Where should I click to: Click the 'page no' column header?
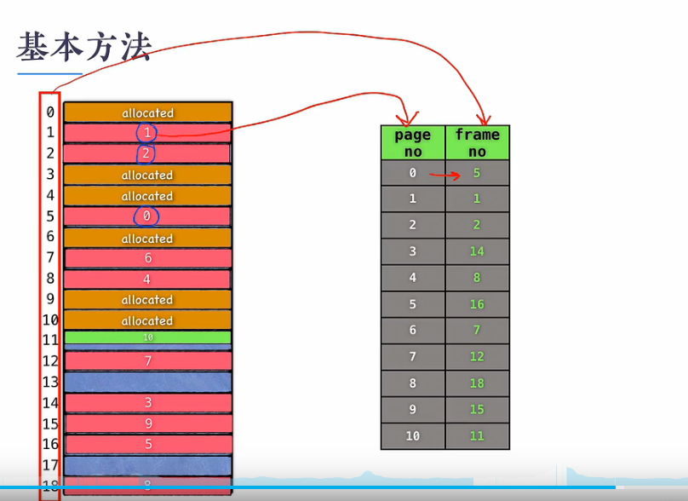tap(413, 142)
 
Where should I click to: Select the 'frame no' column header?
tap(477, 142)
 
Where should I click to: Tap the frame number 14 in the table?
tap(477, 251)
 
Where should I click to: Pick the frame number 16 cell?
tap(477, 304)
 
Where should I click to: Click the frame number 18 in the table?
tap(477, 383)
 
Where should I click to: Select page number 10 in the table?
tap(413, 436)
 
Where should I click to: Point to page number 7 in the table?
tap(413, 357)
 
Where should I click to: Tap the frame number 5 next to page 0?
tap(477, 173)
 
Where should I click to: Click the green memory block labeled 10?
tap(147, 337)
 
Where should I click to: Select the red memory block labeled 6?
tap(147, 258)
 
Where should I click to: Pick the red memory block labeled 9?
tap(147, 423)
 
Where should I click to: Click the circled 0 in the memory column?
tap(146, 216)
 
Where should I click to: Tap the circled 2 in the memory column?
tap(146, 153)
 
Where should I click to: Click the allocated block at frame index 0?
tap(147, 112)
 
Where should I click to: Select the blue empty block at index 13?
tap(147, 382)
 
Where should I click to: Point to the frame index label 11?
tap(50, 340)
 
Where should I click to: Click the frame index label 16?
tap(50, 444)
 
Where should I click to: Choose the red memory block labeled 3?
tap(147, 402)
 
